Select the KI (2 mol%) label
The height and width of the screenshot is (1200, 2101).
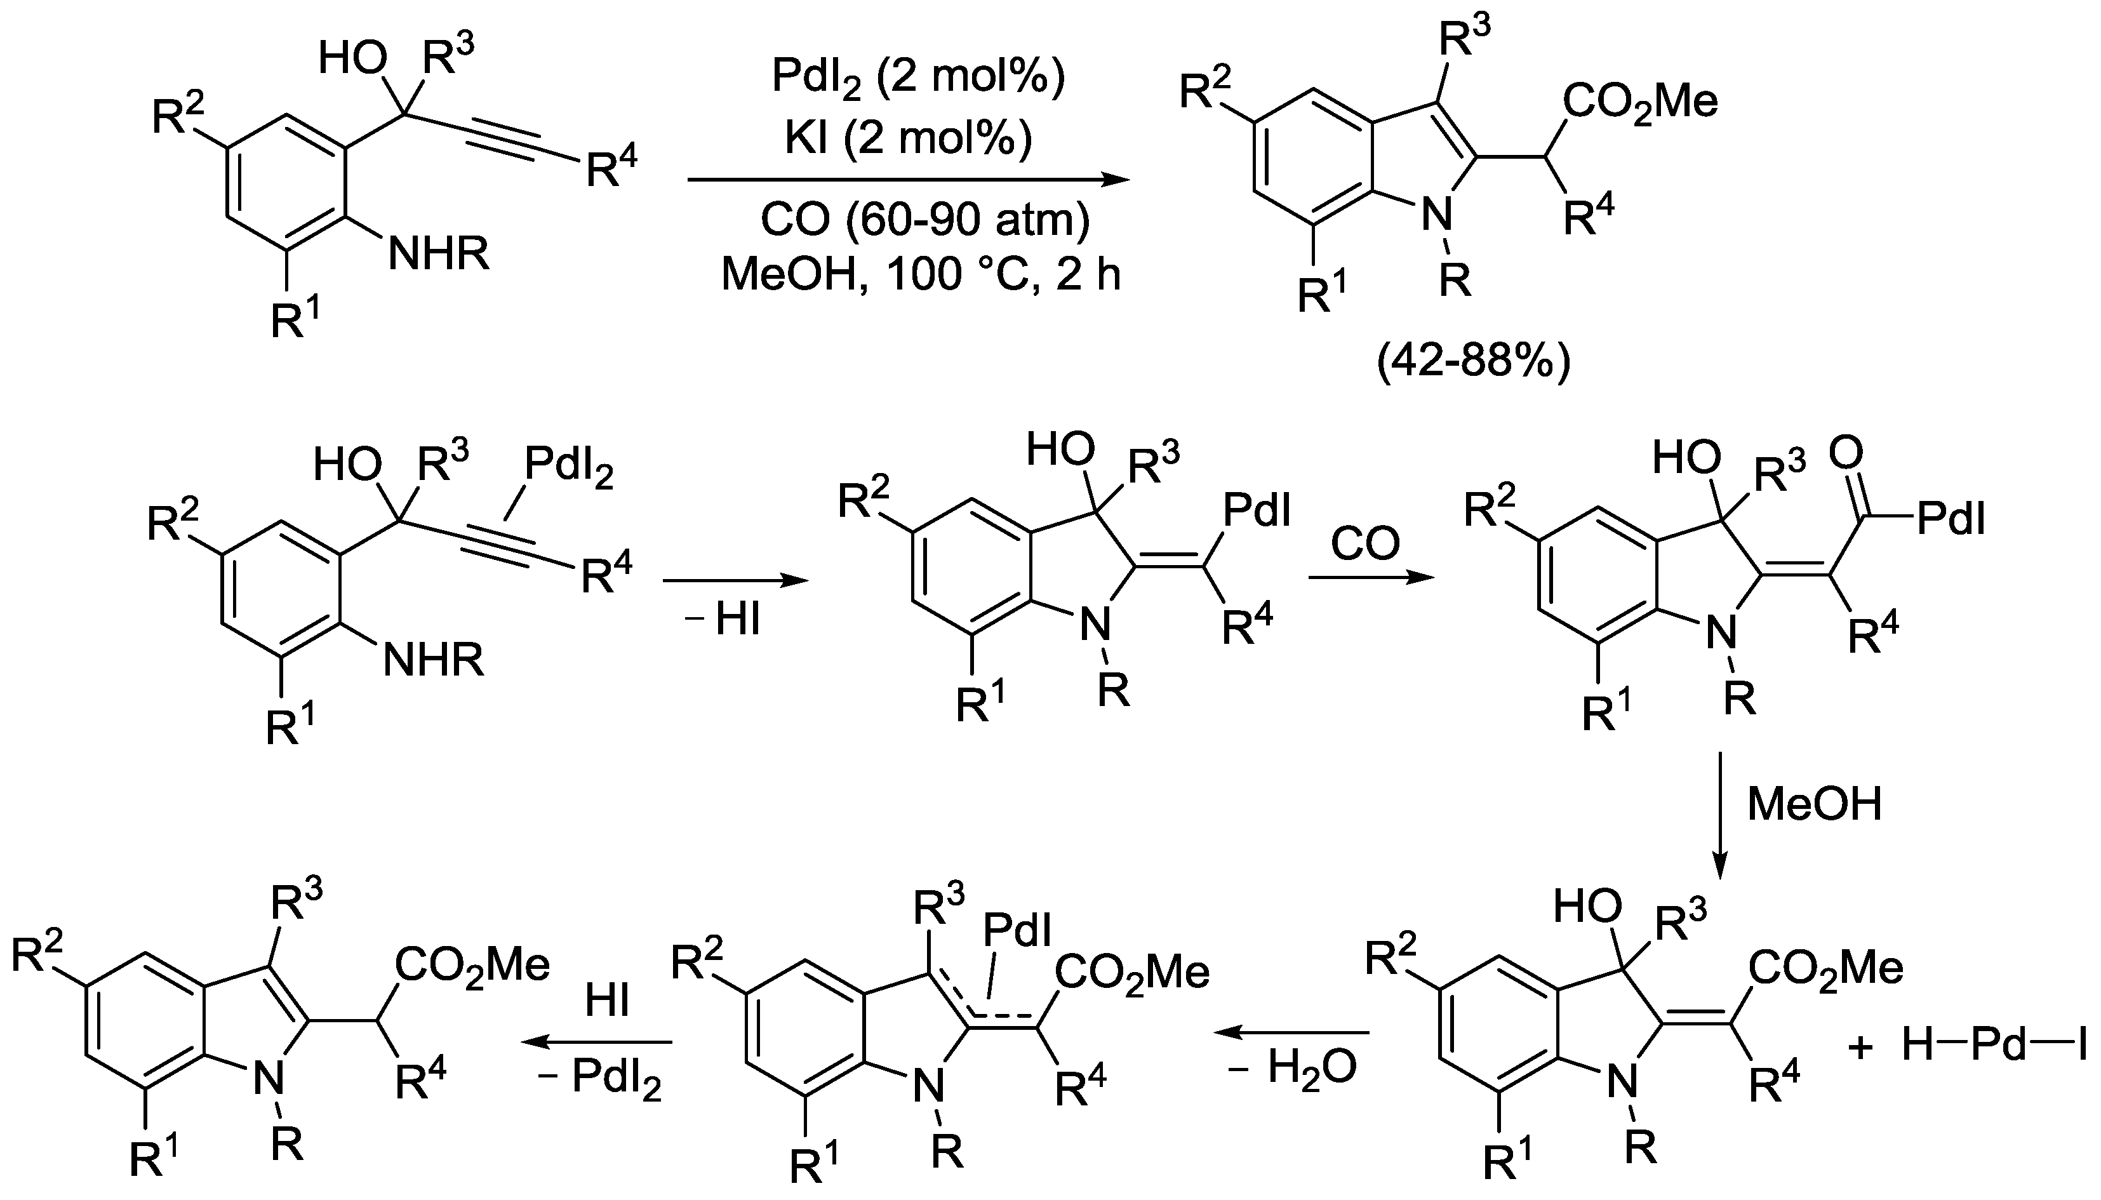[907, 138]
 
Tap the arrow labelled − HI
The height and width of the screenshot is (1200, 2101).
[735, 582]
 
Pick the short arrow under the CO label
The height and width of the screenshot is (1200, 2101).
[1370, 578]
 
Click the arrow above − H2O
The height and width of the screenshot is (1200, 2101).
[1293, 1032]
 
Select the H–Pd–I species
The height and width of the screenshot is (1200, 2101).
[1994, 1047]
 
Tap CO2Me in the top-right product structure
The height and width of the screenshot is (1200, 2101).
[1639, 102]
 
